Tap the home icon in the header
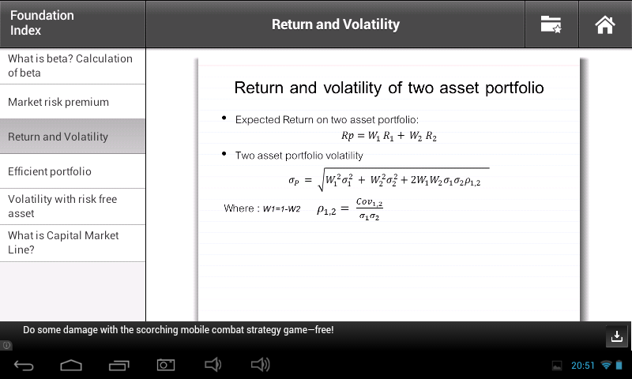point(604,24)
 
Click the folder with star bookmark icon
point(551,24)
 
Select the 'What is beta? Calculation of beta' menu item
point(70,66)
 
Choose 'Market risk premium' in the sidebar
point(58,102)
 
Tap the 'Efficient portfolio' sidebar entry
point(50,171)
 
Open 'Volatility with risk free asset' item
point(62,206)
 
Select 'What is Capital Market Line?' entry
point(63,242)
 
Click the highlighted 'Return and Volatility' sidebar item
point(58,137)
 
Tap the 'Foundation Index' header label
point(42,23)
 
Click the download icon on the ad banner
point(617,336)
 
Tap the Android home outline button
point(71,365)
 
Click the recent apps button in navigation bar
point(119,365)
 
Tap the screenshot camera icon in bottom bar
point(166,365)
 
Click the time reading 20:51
point(583,366)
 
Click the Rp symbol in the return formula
point(347,136)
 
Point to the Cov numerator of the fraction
point(369,202)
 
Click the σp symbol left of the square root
point(293,181)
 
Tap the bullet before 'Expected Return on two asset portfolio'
point(224,118)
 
